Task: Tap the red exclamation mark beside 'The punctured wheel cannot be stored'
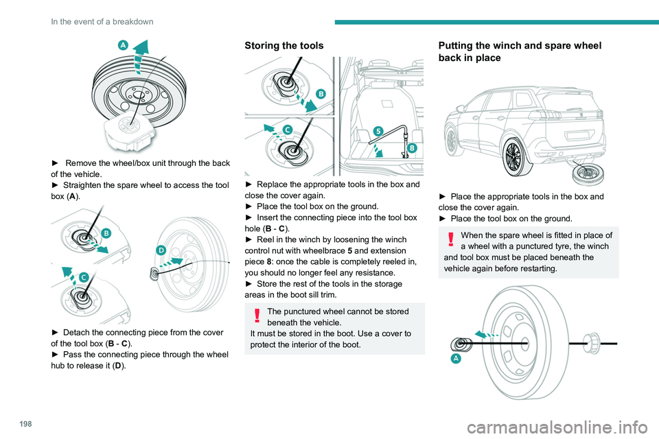(255, 314)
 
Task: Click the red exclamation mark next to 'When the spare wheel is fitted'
(449, 238)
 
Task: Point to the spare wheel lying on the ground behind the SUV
(579, 174)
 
